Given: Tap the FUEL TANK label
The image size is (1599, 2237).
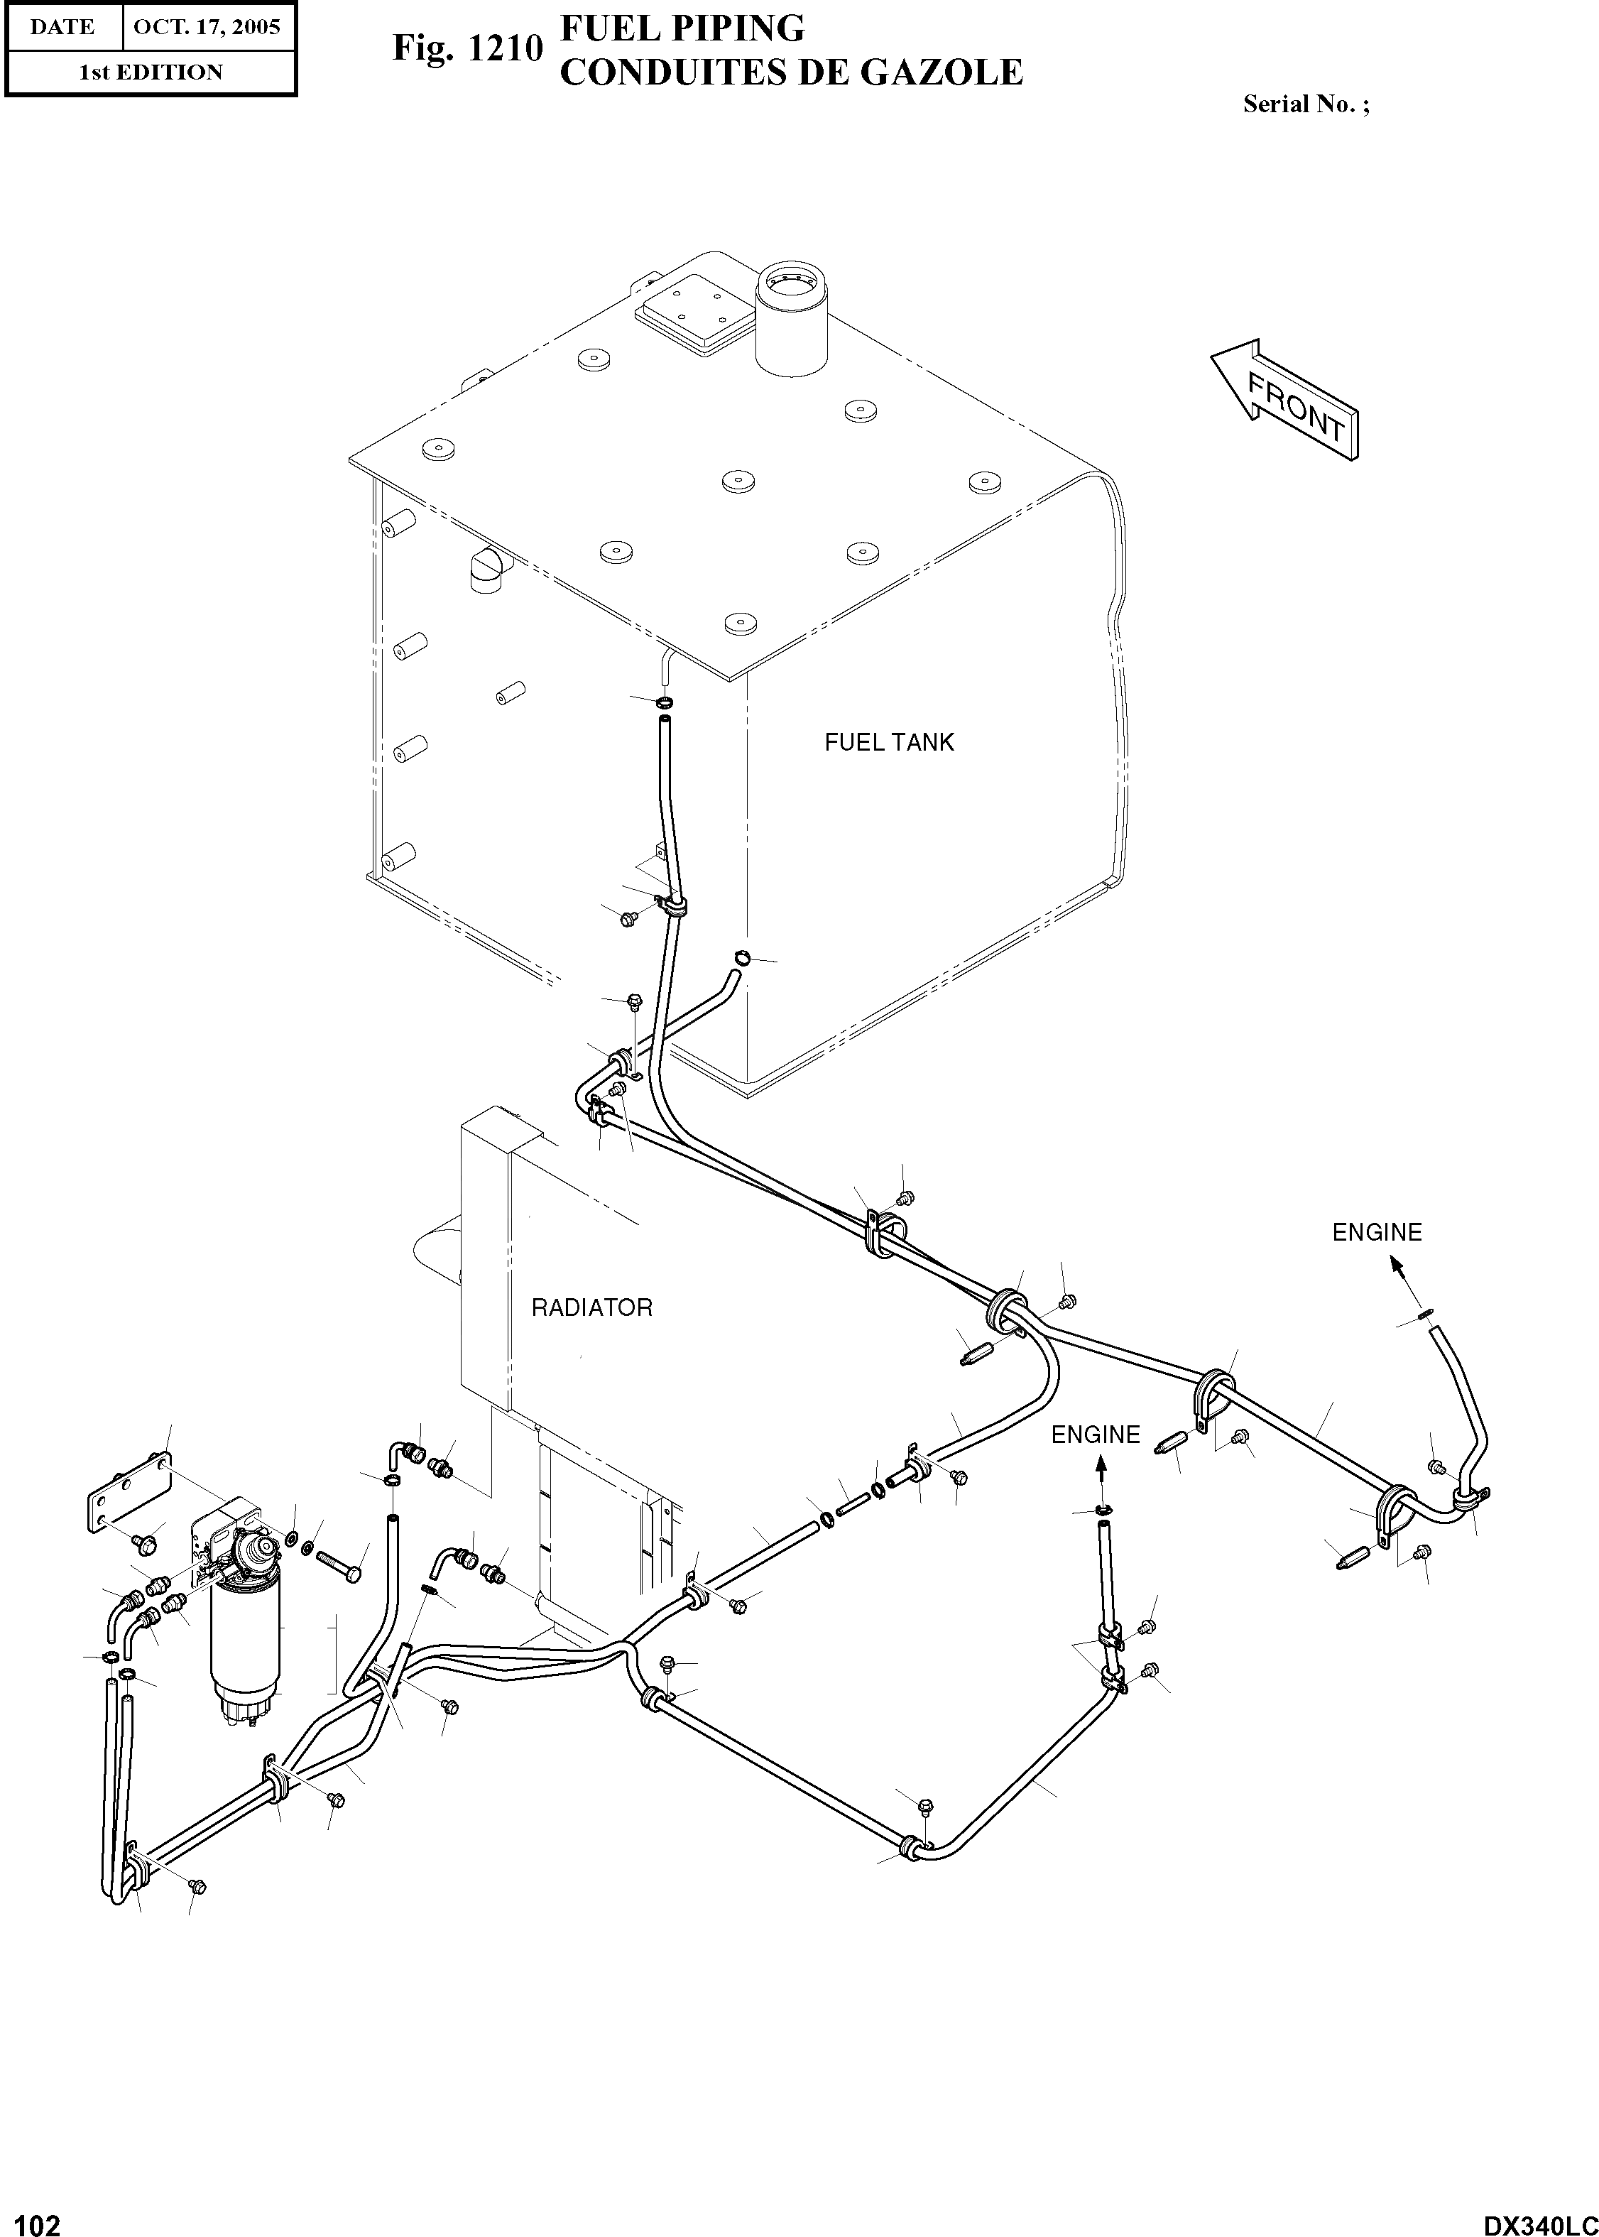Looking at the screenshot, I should tap(889, 742).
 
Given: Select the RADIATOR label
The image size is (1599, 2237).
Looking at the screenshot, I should tap(591, 1307).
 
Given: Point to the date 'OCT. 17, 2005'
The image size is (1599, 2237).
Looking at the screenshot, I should tap(207, 26).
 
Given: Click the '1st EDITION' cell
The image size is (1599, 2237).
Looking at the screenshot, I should tap(151, 72).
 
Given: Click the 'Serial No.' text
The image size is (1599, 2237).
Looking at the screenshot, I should tap(1304, 104).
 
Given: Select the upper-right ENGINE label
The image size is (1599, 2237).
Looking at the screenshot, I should tap(1377, 1233).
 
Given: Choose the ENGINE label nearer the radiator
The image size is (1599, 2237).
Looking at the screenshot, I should tap(1095, 1435).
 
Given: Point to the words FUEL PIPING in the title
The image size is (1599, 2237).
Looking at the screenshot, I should tap(682, 28).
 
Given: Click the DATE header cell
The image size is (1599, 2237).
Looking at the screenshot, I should tap(62, 26).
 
